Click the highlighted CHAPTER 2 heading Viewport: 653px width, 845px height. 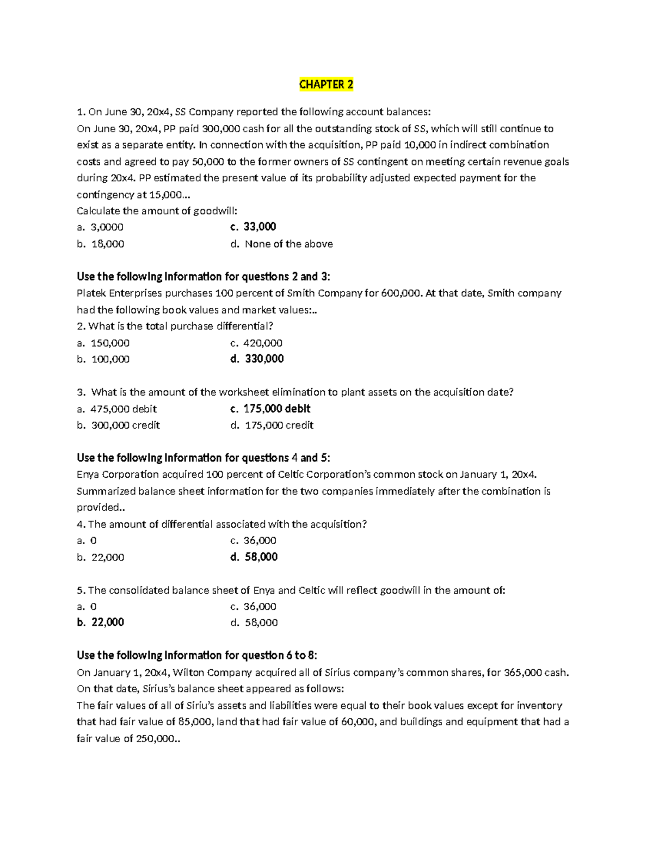point(326,84)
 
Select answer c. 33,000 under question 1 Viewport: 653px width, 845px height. point(254,227)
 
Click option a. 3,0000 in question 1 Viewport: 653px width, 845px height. point(101,227)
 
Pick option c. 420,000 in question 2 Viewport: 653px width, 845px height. point(256,343)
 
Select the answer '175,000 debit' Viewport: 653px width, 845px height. point(270,409)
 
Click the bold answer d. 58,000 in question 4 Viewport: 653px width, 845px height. point(254,557)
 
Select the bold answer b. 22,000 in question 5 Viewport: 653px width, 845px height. point(101,622)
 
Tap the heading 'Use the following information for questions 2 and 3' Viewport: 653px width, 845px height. point(204,276)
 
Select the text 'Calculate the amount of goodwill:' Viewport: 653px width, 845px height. point(157,211)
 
